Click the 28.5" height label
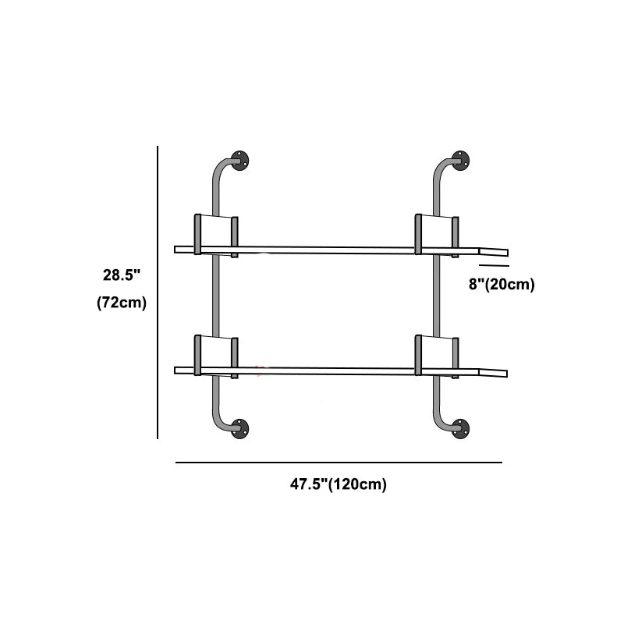[122, 275]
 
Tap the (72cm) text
[122, 303]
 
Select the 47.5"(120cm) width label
[339, 484]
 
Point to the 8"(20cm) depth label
[502, 284]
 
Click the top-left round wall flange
[239, 161]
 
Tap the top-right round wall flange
[460, 161]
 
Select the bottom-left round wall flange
[239, 428]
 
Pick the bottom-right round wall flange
[460, 428]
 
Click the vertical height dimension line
[158, 292]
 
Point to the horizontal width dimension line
[339, 463]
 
